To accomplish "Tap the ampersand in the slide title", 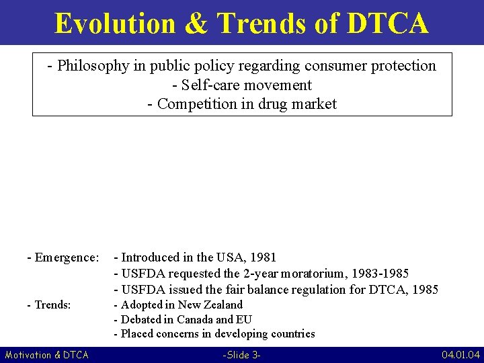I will click(x=195, y=23).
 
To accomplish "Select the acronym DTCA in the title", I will click(x=388, y=23).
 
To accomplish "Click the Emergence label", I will click(x=67, y=257).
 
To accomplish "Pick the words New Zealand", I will click(x=210, y=305).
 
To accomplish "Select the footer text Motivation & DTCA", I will click(x=46, y=354).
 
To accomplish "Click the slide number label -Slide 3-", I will click(x=241, y=354).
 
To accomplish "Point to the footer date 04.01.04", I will click(x=460, y=354).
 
